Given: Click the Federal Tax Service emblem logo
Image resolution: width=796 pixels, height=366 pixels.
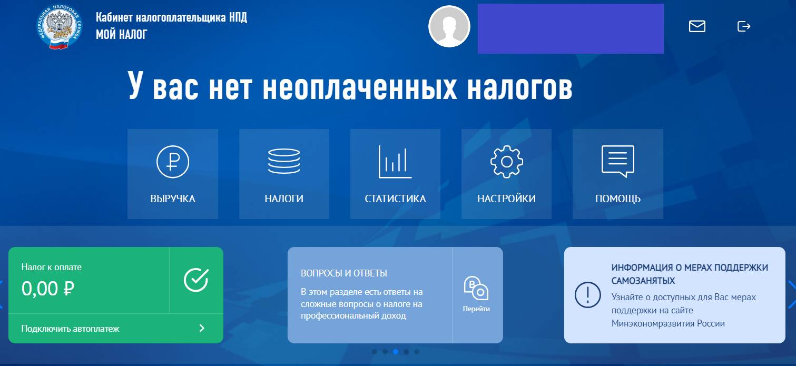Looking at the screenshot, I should click(60, 28).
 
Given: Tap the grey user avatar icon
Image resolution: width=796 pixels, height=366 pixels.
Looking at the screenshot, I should click(449, 26).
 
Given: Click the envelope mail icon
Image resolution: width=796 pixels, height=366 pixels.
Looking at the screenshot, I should click(697, 26).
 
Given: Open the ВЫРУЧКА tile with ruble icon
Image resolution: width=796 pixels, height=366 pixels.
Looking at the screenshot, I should click(172, 174).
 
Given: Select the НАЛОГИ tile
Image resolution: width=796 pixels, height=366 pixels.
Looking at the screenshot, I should click(284, 174).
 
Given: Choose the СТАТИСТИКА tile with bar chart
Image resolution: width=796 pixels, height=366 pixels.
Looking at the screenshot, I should click(395, 174).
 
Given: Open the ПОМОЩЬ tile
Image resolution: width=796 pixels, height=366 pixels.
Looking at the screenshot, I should click(617, 174).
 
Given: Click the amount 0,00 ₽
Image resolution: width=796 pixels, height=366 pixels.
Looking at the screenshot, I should click(47, 288).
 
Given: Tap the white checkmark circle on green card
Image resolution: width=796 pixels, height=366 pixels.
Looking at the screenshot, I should click(196, 280).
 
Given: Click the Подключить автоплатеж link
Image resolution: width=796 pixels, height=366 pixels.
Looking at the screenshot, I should click(70, 329).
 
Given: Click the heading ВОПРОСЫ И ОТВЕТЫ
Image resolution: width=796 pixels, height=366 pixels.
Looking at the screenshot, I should click(343, 273).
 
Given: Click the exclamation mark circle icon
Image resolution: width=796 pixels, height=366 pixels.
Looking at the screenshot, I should click(587, 294).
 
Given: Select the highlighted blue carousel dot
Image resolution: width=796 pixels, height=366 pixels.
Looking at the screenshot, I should click(396, 352).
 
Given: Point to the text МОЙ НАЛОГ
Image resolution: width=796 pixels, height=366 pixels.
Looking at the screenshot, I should click(122, 35).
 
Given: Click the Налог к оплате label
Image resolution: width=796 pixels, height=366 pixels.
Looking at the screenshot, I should click(51, 267).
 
